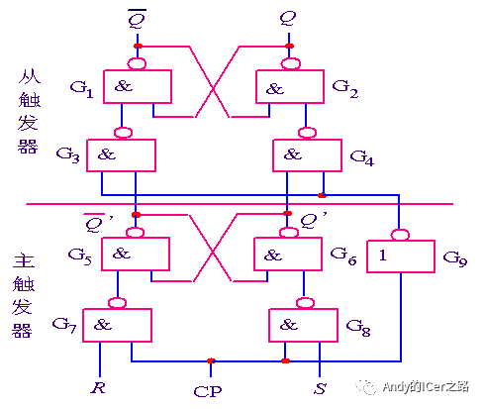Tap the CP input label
click(x=208, y=392)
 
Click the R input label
click(x=98, y=387)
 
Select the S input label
click(x=320, y=388)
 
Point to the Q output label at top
click(x=288, y=18)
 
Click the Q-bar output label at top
click(x=137, y=19)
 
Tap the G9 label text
click(x=455, y=258)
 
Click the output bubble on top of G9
click(x=400, y=235)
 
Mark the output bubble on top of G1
click(x=137, y=63)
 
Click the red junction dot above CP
click(x=211, y=360)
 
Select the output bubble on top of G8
click(x=305, y=303)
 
